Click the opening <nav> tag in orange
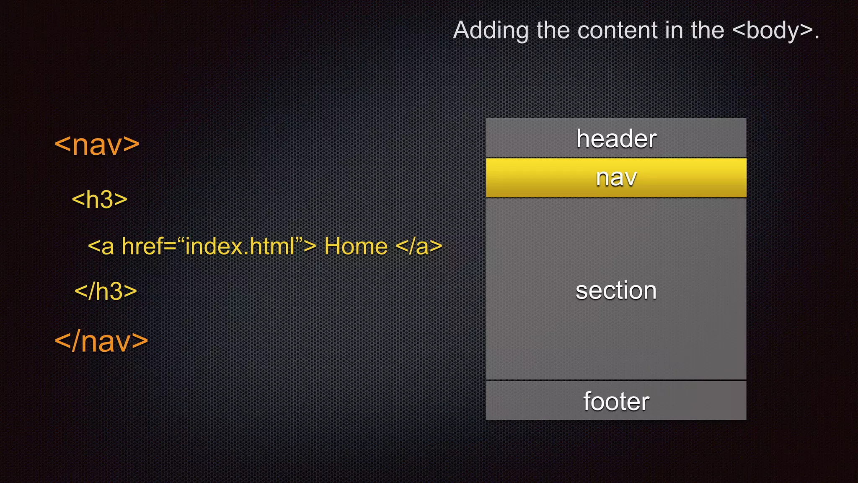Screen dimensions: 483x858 pos(97,145)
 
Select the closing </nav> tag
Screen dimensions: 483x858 pos(101,341)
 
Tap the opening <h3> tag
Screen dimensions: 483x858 pos(100,200)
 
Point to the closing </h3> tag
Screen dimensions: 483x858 pos(106,291)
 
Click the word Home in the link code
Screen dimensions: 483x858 pos(356,246)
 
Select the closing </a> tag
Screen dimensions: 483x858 pos(419,246)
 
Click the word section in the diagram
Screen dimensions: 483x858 pos(616,290)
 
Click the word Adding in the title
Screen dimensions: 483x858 pos(491,31)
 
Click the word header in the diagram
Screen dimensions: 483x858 pos(616,139)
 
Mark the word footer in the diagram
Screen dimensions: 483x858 pos(616,401)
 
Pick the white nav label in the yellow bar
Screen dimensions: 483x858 pos(616,178)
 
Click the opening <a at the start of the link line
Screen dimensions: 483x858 pos(101,246)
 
